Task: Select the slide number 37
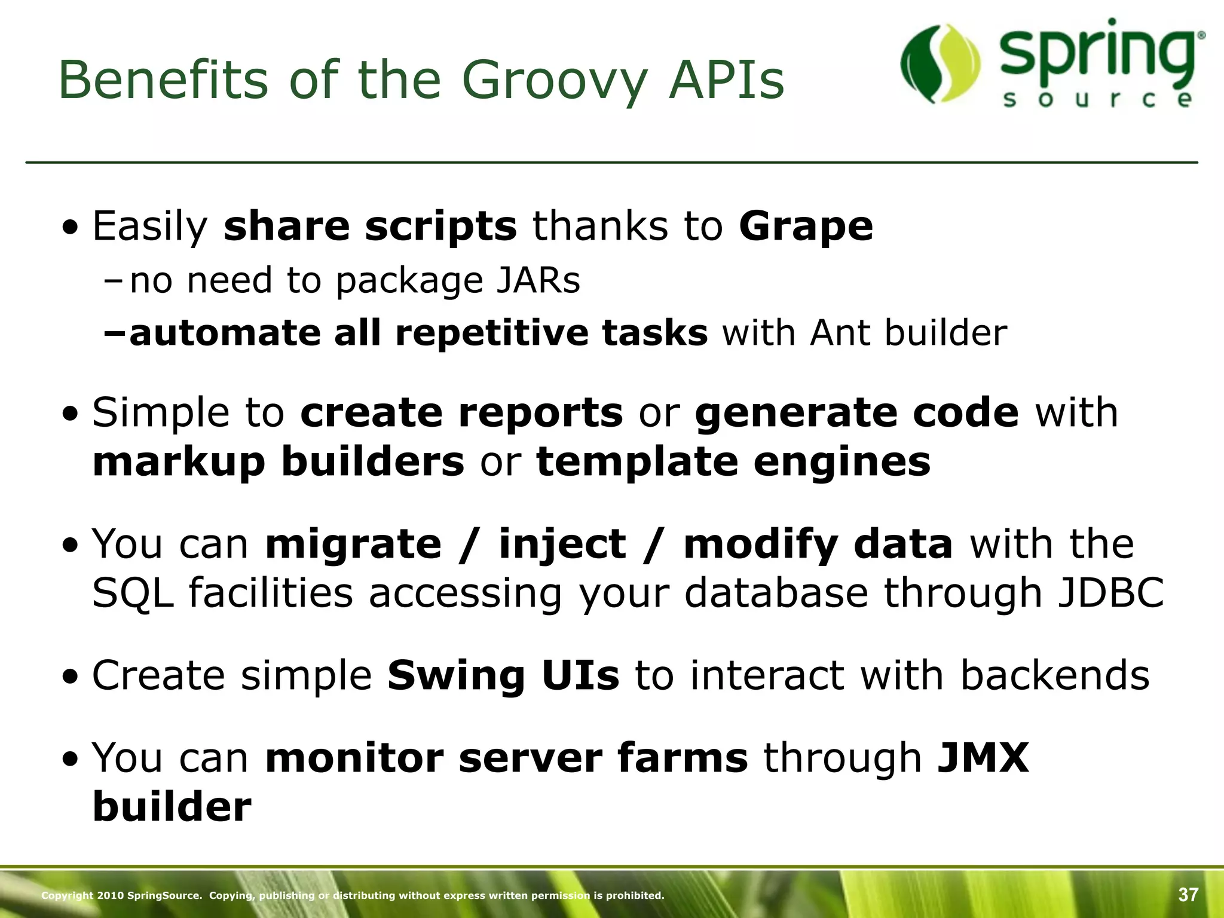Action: coord(1188,895)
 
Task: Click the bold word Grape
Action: coord(806,227)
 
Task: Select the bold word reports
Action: coord(540,412)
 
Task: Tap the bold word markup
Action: coord(179,462)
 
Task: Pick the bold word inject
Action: coord(562,544)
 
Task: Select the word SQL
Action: coord(133,593)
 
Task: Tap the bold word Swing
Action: coord(456,676)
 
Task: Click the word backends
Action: coord(1054,676)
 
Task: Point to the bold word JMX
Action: coord(983,758)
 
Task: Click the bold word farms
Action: coord(682,758)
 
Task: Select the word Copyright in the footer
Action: coord(67,895)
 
